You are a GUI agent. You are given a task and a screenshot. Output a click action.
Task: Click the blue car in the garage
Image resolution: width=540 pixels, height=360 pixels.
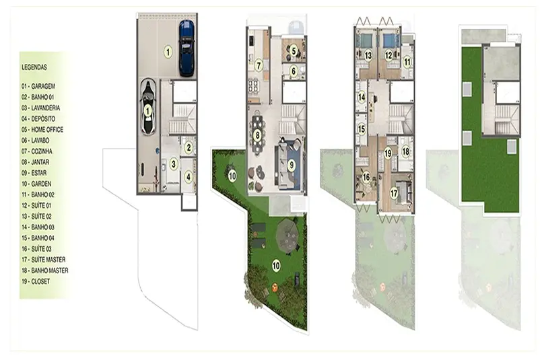point(187,48)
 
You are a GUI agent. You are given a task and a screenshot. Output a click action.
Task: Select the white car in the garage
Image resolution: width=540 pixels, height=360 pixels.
point(147,107)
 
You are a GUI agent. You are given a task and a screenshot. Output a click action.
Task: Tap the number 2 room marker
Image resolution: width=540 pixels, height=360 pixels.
point(189,147)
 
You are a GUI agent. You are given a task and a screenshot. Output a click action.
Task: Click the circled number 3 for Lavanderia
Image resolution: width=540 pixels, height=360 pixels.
point(174,164)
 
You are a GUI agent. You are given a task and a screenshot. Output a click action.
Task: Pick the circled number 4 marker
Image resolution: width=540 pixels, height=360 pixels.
point(189,177)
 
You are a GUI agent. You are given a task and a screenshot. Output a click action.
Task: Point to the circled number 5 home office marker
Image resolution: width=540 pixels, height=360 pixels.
point(294,51)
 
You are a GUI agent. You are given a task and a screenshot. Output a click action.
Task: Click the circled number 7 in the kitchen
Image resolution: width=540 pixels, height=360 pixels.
point(259,65)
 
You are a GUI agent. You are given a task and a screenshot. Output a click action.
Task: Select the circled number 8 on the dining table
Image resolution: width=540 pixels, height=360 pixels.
point(257,135)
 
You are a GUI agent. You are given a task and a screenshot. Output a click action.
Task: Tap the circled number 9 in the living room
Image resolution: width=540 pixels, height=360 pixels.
point(292,166)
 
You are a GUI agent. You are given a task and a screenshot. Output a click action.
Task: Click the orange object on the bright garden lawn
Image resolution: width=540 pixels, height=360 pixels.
point(275,287)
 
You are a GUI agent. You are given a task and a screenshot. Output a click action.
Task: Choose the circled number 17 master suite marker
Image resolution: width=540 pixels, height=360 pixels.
point(394,193)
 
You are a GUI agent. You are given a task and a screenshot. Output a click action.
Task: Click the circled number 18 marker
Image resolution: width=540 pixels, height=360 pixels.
point(406,151)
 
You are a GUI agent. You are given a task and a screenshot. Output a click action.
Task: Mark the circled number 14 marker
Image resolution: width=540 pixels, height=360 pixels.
point(362,98)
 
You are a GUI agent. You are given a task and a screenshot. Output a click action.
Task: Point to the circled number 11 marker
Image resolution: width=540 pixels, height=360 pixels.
point(407,63)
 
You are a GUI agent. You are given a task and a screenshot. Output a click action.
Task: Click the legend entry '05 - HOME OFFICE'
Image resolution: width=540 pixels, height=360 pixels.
point(42,130)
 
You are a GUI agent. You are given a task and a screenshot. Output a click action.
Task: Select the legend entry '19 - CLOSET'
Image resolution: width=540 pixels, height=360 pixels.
point(36,281)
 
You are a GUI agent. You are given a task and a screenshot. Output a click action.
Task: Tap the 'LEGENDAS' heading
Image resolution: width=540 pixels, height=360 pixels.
point(34,67)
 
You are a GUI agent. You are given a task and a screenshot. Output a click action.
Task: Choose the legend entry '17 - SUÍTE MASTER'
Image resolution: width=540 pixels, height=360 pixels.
point(43,260)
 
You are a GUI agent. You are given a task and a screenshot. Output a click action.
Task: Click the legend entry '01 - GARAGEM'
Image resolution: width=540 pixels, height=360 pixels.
point(38,86)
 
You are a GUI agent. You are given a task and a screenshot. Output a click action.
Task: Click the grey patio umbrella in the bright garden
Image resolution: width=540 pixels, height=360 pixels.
point(288,236)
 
